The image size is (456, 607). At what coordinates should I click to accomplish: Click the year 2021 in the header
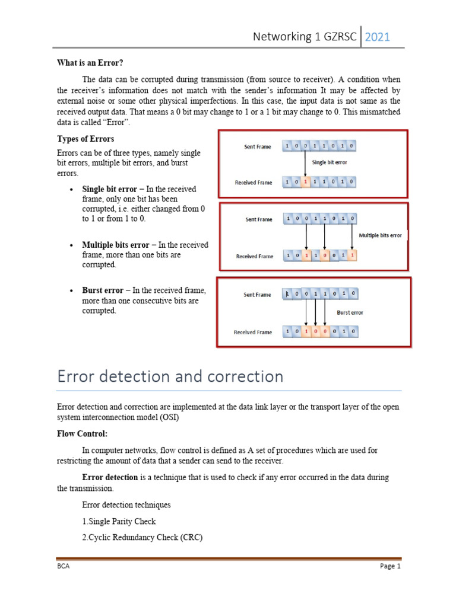click(378, 37)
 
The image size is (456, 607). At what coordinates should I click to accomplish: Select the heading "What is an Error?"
click(90, 63)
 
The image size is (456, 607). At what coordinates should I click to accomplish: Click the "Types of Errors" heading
click(85, 139)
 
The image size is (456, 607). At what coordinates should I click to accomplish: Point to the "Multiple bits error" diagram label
click(381, 235)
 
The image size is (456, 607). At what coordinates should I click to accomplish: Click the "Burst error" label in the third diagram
click(349, 312)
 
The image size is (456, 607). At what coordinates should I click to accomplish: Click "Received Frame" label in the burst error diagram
click(253, 332)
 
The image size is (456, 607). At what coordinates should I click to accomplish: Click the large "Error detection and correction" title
click(170, 376)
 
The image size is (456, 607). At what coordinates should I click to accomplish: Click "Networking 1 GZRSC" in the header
click(305, 37)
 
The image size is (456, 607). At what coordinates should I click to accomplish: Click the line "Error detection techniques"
click(126, 505)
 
